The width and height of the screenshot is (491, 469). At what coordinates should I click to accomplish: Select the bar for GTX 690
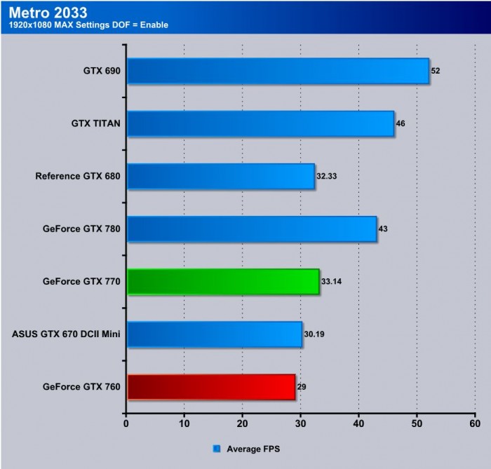pyautogui.click(x=278, y=71)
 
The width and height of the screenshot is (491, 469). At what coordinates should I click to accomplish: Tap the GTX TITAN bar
pyautogui.click(x=260, y=123)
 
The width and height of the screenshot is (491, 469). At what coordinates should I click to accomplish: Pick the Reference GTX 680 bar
pyautogui.click(x=221, y=176)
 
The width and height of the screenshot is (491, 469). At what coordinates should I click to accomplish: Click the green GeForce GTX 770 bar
pyautogui.click(x=223, y=282)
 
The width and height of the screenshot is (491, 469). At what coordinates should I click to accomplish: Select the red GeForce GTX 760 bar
pyautogui.click(x=211, y=386)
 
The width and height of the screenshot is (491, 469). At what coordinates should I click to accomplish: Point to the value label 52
pyautogui.click(x=436, y=71)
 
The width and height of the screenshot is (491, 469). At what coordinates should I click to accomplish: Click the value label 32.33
pyautogui.click(x=327, y=176)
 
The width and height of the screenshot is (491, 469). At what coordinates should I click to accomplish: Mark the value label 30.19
pyautogui.click(x=314, y=334)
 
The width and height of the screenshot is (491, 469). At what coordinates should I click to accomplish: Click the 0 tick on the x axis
pyautogui.click(x=126, y=423)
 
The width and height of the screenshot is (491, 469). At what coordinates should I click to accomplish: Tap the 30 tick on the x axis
pyautogui.click(x=300, y=423)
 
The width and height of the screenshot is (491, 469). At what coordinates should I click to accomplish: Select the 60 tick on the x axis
pyautogui.click(x=474, y=423)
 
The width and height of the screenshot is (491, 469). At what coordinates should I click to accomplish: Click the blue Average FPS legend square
pyautogui.click(x=216, y=447)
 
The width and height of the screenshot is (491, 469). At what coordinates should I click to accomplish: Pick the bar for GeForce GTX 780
pyautogui.click(x=252, y=229)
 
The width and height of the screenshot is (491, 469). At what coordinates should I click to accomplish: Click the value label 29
pyautogui.click(x=302, y=386)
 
